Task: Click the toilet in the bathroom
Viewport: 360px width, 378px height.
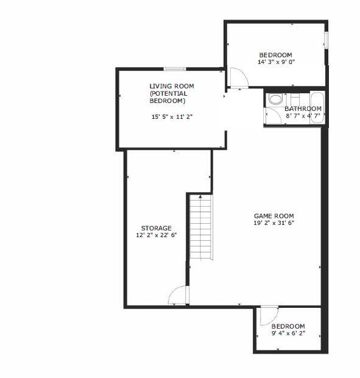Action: coord(275,99)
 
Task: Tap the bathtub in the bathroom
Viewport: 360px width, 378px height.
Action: coord(317,107)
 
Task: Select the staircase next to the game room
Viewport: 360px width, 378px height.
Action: coord(201,227)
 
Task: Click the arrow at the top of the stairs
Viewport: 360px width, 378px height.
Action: coord(200,196)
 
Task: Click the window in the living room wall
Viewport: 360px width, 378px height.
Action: coord(175,69)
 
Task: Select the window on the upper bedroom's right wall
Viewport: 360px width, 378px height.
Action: coord(326,40)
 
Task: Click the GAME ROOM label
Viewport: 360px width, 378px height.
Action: coord(274,216)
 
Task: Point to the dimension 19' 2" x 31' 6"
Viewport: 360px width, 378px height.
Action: coord(274,223)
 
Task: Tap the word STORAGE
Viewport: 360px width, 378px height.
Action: coord(157,228)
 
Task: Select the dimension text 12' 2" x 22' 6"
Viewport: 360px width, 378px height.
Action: coord(157,235)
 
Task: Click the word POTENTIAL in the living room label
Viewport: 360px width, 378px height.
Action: coord(168,93)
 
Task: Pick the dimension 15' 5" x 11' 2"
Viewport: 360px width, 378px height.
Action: coord(172,117)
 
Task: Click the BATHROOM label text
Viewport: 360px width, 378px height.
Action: coord(303,109)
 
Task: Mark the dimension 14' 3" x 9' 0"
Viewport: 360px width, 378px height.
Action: coord(276,62)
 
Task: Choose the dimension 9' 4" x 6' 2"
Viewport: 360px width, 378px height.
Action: coord(288,333)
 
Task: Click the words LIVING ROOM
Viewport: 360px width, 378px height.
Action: coord(172,86)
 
